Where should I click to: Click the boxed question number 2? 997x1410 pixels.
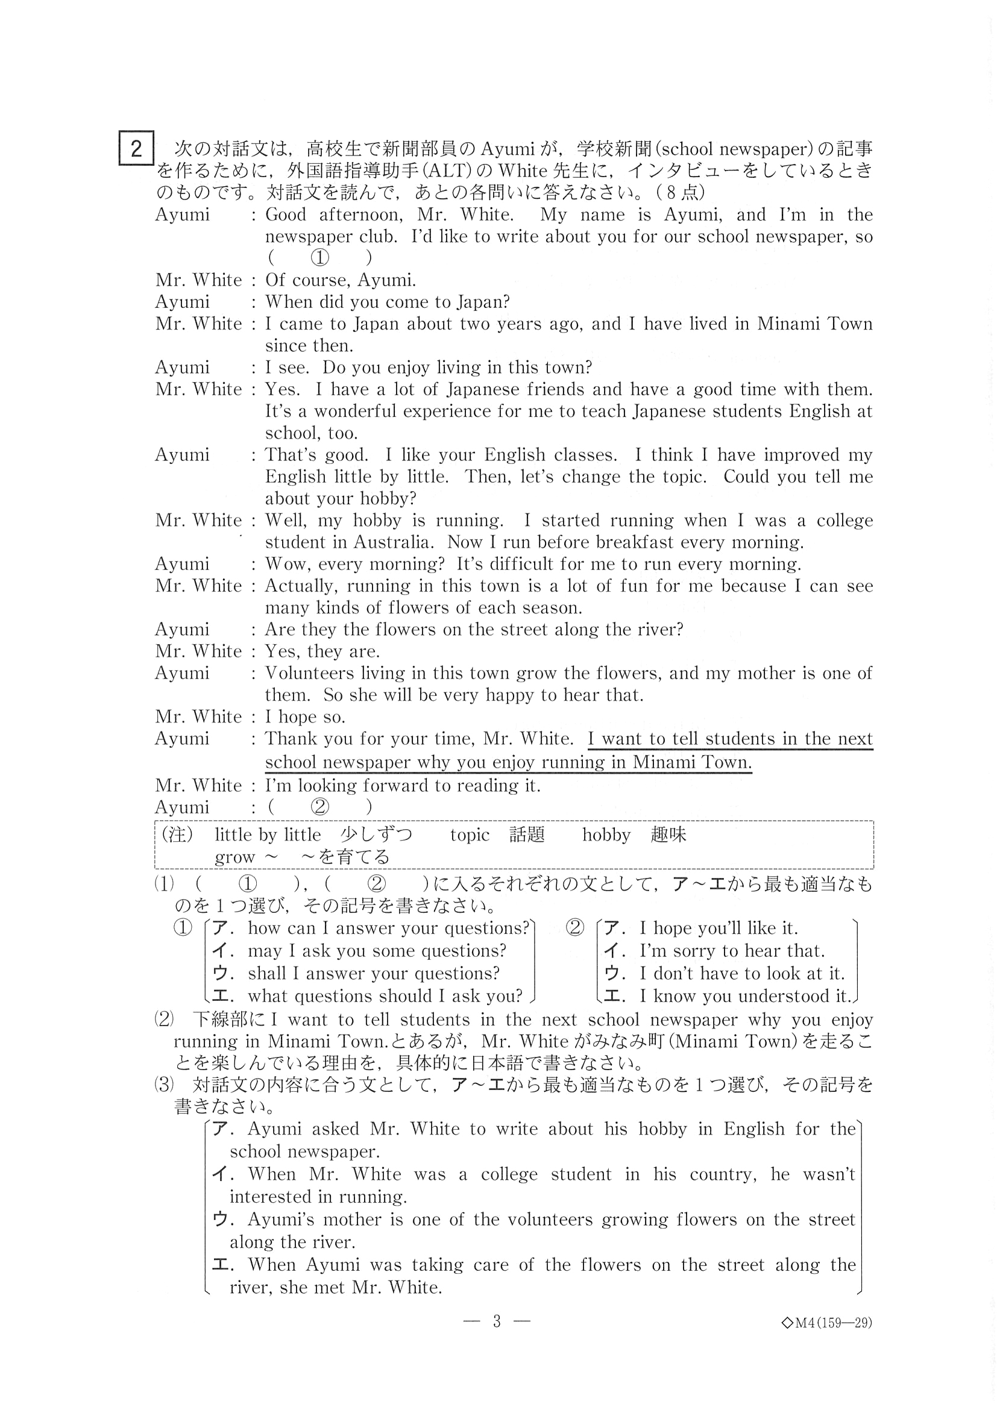click(136, 149)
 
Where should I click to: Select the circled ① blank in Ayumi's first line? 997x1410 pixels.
click(319, 258)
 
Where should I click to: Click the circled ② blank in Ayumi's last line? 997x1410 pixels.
click(319, 807)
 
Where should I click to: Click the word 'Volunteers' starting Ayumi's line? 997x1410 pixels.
click(313, 673)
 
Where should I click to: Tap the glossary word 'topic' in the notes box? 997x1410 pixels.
click(470, 835)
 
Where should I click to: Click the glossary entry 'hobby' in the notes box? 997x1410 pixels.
click(606, 835)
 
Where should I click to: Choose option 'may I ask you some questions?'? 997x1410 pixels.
click(377, 951)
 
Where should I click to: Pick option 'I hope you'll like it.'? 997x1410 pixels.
click(718, 928)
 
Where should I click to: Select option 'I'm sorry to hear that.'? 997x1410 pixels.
click(732, 951)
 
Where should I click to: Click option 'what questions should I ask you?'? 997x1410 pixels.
click(385, 995)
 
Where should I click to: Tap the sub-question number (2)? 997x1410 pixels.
click(164, 1020)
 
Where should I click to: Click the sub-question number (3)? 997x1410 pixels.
click(164, 1085)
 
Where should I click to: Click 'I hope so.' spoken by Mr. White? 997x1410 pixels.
click(305, 716)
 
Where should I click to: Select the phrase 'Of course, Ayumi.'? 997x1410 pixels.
click(341, 280)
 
